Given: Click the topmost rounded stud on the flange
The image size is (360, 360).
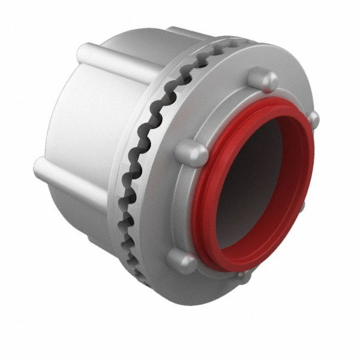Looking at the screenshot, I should coord(262,79).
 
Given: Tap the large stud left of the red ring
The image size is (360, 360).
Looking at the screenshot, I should coord(191,153).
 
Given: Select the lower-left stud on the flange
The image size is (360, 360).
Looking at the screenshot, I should coord(181,261).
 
